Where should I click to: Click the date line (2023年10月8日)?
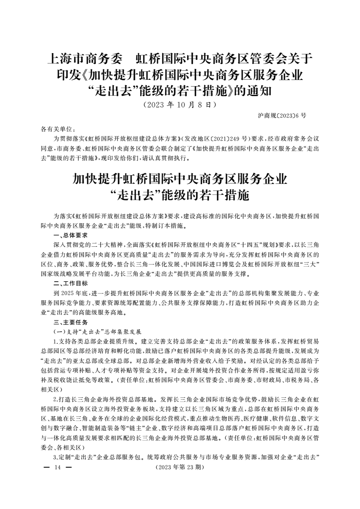tap(179, 105)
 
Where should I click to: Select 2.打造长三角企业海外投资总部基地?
tap(105, 400)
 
